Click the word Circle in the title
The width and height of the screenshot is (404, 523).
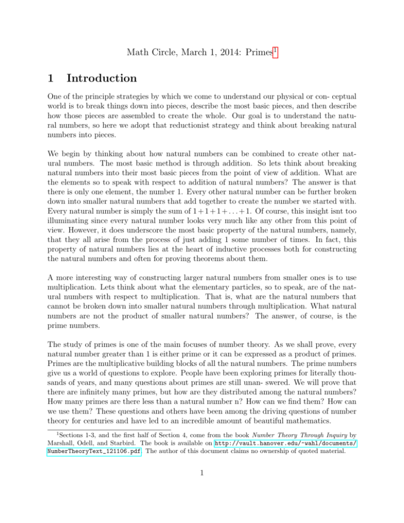tap(167, 39)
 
